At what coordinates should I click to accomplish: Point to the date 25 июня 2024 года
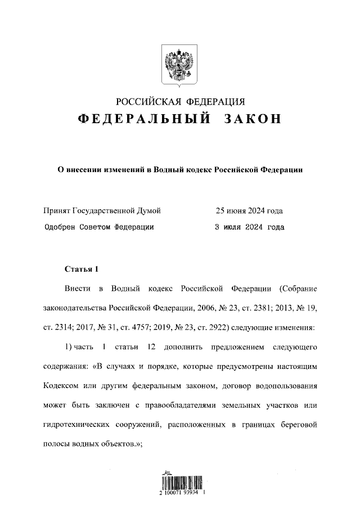click(x=249, y=211)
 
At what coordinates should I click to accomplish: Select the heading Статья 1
click(x=81, y=268)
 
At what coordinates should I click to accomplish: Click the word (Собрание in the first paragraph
click(x=298, y=289)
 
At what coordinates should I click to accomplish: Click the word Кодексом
click(x=62, y=386)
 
